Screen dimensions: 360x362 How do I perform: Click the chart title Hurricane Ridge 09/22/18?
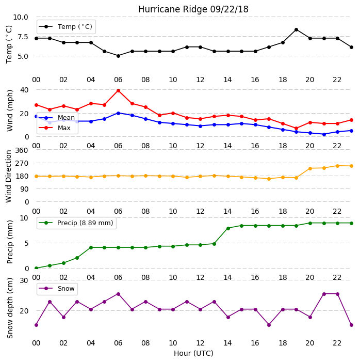click(193, 9)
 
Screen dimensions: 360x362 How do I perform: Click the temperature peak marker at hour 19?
click(297, 29)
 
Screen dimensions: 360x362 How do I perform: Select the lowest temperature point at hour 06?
click(118, 56)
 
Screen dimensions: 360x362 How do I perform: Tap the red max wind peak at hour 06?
click(118, 91)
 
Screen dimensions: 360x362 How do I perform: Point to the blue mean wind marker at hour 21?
click(324, 134)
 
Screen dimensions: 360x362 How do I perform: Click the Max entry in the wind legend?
click(55, 128)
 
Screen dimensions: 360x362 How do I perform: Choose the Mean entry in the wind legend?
click(57, 118)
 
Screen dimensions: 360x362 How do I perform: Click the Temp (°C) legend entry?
click(66, 26)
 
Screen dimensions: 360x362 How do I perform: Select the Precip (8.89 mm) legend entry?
click(76, 223)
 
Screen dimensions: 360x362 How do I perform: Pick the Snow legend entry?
click(57, 288)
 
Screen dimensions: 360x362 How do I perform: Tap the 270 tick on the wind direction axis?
click(22, 163)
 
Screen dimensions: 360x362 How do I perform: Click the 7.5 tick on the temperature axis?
click(23, 37)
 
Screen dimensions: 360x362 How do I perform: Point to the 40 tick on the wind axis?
click(24, 89)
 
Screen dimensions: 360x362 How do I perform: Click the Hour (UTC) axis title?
click(193, 353)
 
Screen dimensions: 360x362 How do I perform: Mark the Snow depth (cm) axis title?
click(10, 308)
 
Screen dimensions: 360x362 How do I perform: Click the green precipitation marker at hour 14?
click(228, 228)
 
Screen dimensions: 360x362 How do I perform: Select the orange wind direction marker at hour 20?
click(310, 168)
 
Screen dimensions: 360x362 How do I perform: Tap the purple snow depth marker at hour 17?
click(269, 325)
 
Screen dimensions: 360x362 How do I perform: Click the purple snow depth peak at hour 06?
click(118, 294)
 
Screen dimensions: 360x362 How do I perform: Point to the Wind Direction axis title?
click(9, 177)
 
